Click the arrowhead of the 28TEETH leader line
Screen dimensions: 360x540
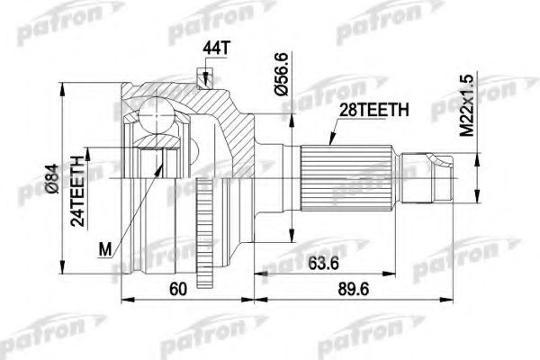click(328, 145)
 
